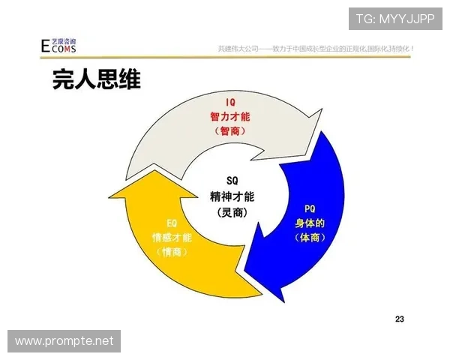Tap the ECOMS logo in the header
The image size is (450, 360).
[58, 45]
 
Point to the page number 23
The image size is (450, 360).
[400, 319]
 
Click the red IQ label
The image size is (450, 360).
[231, 102]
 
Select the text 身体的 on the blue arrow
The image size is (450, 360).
[310, 223]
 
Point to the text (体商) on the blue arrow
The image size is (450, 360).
[310, 237]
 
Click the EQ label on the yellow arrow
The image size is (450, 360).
[172, 223]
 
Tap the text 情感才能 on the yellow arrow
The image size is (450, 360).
[172, 237]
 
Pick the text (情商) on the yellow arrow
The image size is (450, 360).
[172, 252]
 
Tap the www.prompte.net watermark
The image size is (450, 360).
[64, 341]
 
